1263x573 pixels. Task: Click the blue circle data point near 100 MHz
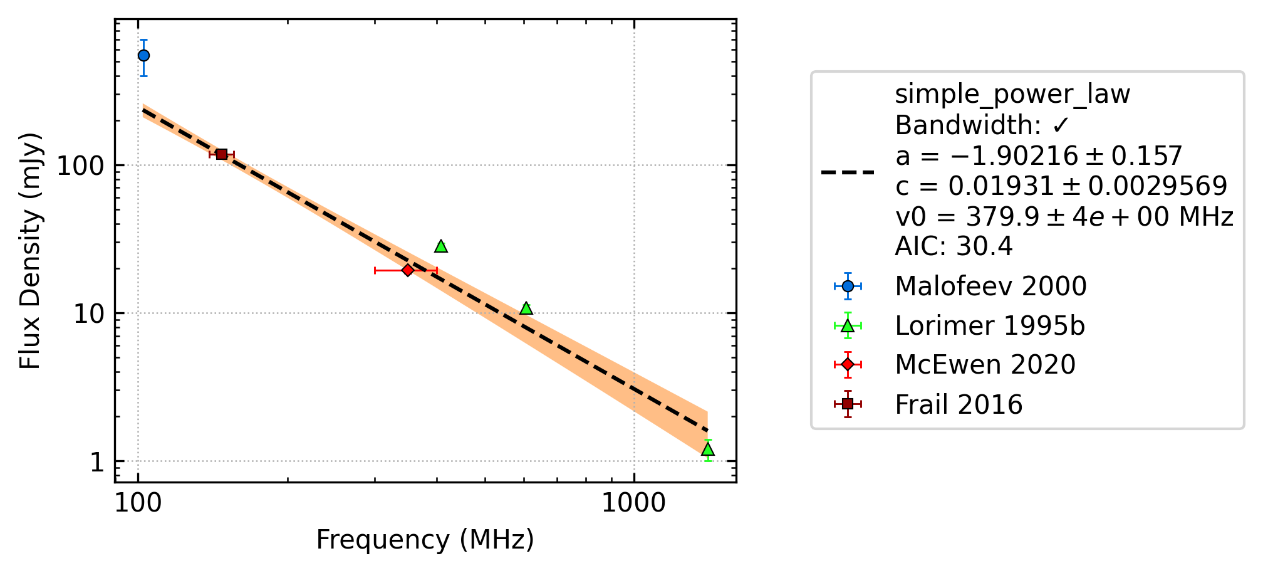[x=143, y=56]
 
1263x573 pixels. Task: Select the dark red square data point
[x=222, y=154]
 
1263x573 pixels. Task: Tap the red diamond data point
[x=408, y=270]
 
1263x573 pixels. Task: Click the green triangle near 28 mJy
[x=441, y=246]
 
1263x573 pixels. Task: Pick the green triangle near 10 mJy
[x=526, y=308]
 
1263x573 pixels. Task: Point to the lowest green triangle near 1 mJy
[x=708, y=449]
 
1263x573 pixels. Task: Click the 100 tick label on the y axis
[x=80, y=166]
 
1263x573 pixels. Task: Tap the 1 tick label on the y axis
[x=96, y=462]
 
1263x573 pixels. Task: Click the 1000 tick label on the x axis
[x=633, y=503]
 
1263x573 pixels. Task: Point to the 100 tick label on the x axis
[x=138, y=503]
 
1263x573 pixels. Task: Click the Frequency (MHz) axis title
[x=425, y=540]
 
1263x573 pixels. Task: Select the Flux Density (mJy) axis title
[x=30, y=251]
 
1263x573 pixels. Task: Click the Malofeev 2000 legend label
[x=990, y=286]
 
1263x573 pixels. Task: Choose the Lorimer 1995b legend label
[x=990, y=326]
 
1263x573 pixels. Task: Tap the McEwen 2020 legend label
[x=985, y=365]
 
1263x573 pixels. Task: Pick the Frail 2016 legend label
[x=959, y=405]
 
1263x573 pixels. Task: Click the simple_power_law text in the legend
[x=1012, y=95]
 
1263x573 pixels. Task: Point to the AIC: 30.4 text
[x=954, y=246]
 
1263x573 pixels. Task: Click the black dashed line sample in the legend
[x=848, y=172]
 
